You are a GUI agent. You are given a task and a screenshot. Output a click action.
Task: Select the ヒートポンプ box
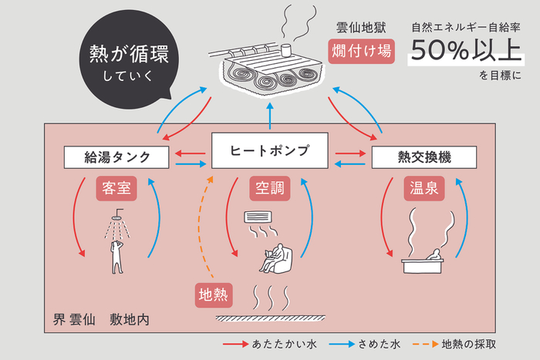point(270,151)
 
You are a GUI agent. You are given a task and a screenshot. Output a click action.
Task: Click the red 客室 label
point(115,189)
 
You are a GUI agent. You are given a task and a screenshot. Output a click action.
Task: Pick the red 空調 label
point(269,189)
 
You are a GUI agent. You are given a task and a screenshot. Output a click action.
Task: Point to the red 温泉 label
point(424,189)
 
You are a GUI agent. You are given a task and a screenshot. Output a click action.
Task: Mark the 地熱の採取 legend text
point(467,344)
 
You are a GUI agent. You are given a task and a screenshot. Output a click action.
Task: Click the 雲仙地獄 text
point(360,29)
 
